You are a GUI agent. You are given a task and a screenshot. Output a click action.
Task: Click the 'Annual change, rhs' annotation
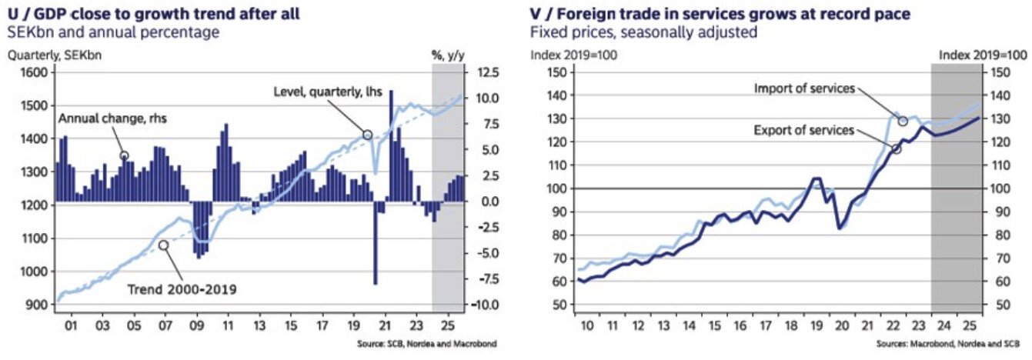coord(112,119)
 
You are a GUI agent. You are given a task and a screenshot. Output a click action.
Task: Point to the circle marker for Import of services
coord(903,122)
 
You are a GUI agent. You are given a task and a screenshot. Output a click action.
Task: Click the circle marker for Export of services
coord(896,148)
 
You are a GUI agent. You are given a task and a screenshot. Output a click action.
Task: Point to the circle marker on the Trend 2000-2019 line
coord(163,245)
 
